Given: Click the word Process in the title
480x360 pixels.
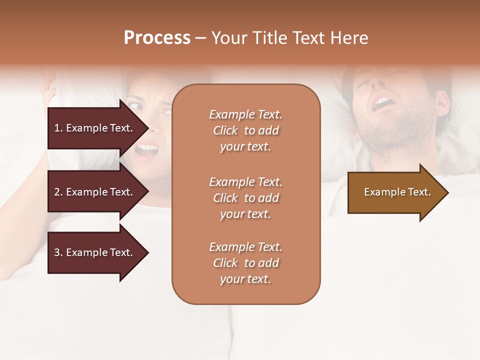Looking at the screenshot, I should [x=157, y=38].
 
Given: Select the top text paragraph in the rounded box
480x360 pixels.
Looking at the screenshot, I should [x=245, y=130].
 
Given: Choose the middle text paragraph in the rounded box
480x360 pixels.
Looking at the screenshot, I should [x=245, y=198].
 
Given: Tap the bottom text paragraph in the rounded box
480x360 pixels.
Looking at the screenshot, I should [x=245, y=263].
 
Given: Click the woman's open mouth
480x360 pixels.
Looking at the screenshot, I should [x=146, y=148].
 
